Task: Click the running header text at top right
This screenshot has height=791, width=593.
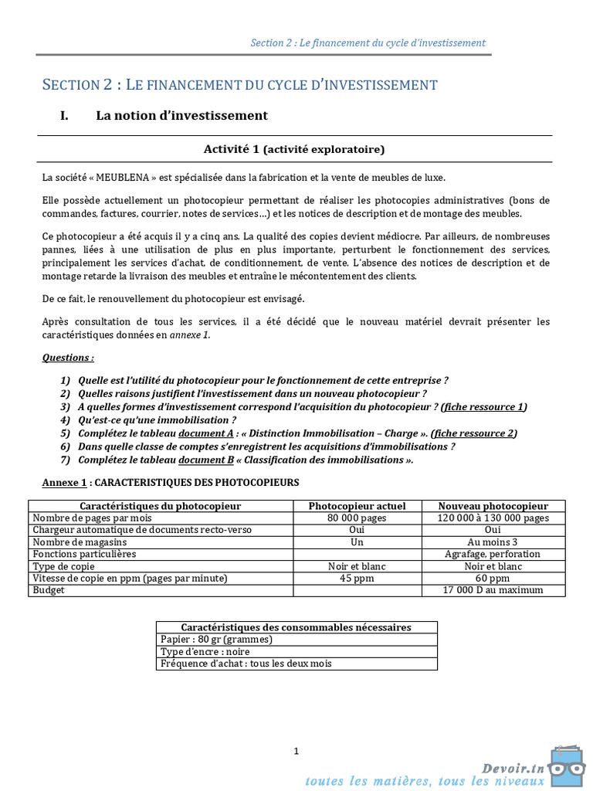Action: click(x=368, y=42)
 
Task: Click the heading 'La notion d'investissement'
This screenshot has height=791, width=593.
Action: click(x=181, y=116)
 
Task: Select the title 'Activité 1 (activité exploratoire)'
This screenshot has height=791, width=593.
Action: click(x=293, y=149)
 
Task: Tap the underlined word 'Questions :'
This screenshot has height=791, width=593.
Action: click(x=68, y=358)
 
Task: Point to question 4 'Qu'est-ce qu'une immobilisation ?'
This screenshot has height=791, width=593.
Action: click(x=158, y=420)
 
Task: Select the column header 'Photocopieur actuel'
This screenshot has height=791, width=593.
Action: click(x=357, y=506)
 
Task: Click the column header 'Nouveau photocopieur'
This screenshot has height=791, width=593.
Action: click(x=493, y=506)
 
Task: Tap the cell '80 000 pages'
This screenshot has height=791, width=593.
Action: click(x=357, y=518)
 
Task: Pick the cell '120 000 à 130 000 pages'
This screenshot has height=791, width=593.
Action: click(x=493, y=518)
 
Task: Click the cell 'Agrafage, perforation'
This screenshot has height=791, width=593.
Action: click(x=493, y=554)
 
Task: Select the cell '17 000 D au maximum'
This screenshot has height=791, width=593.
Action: click(x=493, y=590)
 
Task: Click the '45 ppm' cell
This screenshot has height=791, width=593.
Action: click(x=357, y=578)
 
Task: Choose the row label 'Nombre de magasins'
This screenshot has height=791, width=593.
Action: click(x=80, y=542)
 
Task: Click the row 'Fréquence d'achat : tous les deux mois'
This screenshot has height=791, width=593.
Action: click(x=246, y=664)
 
